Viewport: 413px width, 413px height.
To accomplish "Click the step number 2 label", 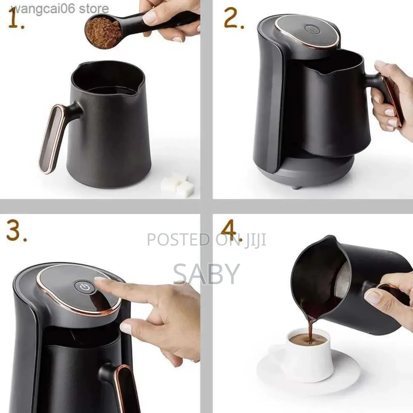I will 233,19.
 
